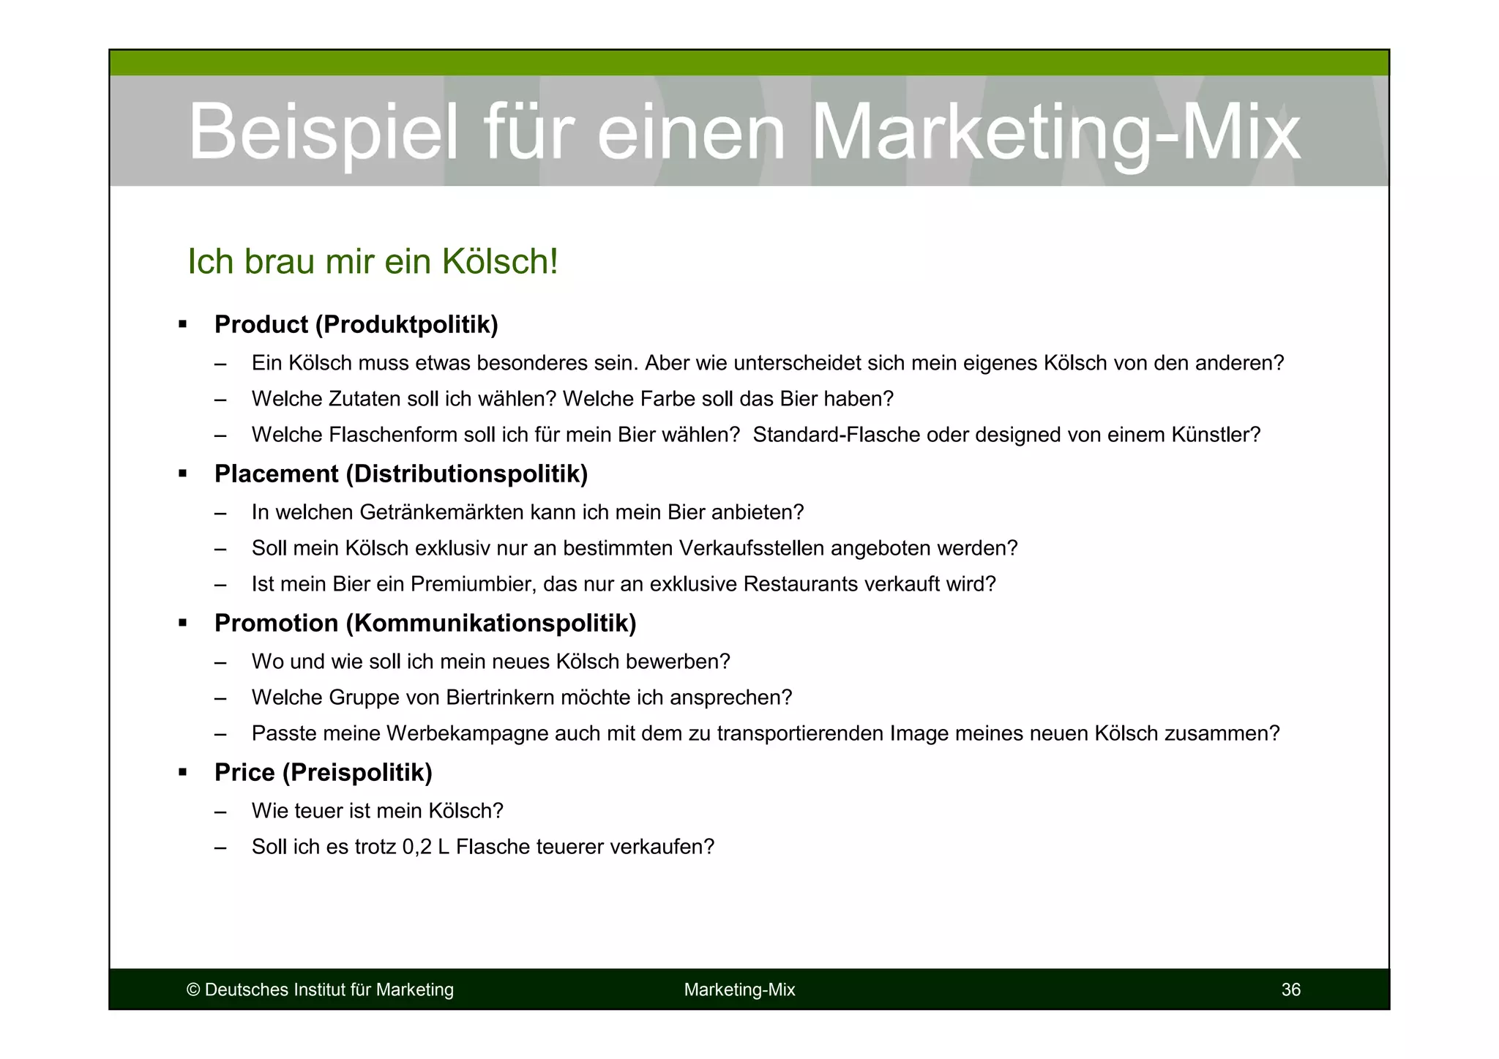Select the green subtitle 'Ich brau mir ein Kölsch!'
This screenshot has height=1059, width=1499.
click(x=373, y=261)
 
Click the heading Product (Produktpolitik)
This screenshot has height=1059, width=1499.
click(x=356, y=324)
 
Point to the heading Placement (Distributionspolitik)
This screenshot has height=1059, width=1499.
click(x=400, y=474)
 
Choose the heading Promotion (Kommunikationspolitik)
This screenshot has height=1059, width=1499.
click(x=425, y=623)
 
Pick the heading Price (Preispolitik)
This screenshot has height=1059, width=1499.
click(x=323, y=772)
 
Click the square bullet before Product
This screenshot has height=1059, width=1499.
click(x=183, y=324)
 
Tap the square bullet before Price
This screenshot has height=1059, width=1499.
click(x=183, y=772)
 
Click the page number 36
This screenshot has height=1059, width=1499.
click(x=1290, y=989)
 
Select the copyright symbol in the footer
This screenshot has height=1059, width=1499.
click(x=193, y=989)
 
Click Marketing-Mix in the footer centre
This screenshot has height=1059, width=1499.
click(x=739, y=989)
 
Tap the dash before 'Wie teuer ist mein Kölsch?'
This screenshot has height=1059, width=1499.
click(x=220, y=811)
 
